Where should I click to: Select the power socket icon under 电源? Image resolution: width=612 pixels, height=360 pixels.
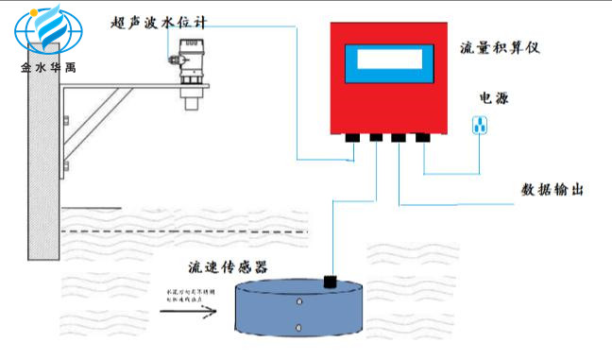coord(480,125)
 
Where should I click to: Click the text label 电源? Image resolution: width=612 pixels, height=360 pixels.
coord(494,97)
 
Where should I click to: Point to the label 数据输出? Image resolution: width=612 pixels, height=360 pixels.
coord(552,189)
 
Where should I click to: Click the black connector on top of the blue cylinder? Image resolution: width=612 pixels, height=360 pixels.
coord(331,281)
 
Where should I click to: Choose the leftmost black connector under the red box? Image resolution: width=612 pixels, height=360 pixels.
coord(352,138)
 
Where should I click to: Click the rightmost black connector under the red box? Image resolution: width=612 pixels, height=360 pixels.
coord(422,138)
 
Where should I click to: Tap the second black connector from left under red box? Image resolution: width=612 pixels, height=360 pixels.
coord(376,138)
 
